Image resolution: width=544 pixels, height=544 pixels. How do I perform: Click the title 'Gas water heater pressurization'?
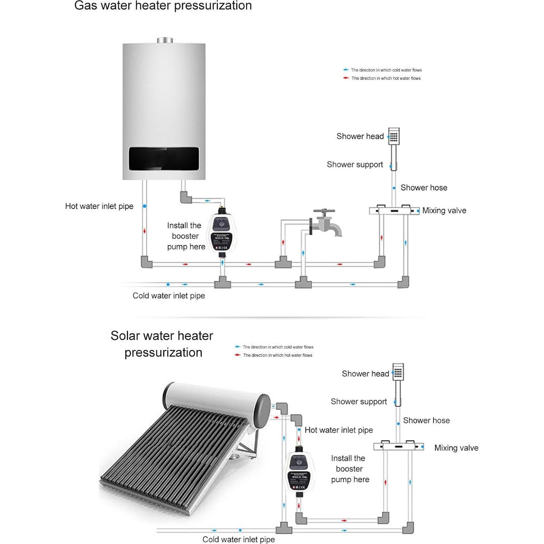pyautogui.click(x=163, y=6)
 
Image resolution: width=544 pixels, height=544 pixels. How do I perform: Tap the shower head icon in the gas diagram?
pyautogui.click(x=394, y=137)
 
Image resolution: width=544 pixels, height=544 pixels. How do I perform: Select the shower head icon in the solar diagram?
pyautogui.click(x=398, y=372)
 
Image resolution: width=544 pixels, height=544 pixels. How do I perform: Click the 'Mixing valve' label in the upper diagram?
pyautogui.click(x=444, y=211)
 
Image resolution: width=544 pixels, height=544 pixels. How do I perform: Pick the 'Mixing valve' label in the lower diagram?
pyautogui.click(x=456, y=448)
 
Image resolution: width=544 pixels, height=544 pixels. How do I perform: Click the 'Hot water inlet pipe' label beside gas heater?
pyautogui.click(x=99, y=206)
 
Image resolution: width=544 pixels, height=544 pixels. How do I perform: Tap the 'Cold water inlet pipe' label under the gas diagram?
pyautogui.click(x=169, y=296)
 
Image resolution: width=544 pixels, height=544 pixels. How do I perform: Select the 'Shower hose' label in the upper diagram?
pyautogui.click(x=424, y=188)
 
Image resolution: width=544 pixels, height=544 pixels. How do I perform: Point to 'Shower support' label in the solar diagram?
pyautogui.click(x=359, y=401)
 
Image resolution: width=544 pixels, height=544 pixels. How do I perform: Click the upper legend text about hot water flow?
pyautogui.click(x=386, y=78)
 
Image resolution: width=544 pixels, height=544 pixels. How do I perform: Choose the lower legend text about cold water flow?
pyautogui.click(x=278, y=347)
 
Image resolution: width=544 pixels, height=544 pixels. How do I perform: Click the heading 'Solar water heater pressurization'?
pyautogui.click(x=162, y=344)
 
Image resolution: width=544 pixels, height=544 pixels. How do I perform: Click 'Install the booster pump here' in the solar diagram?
pyautogui.click(x=349, y=469)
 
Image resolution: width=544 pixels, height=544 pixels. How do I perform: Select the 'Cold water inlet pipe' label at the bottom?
pyautogui.click(x=239, y=539)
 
